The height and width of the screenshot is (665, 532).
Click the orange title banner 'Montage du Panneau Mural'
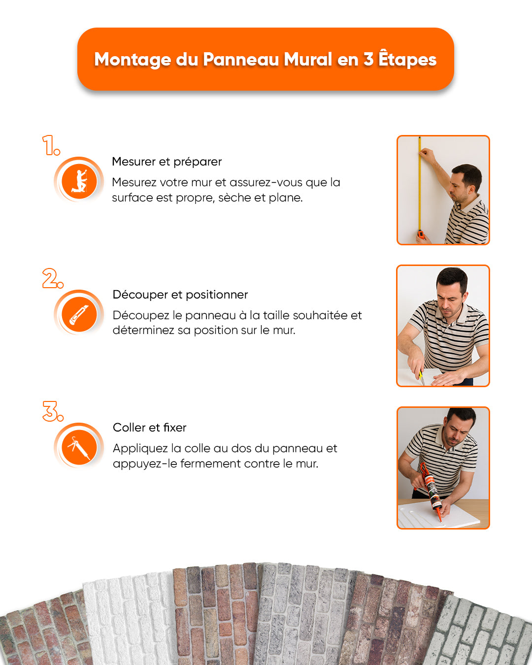(x=266, y=59)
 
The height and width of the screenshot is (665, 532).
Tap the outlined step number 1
(x=50, y=145)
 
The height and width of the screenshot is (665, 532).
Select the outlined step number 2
(x=52, y=278)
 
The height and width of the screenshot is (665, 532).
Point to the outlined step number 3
(x=52, y=411)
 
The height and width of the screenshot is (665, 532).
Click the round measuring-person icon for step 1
(x=79, y=180)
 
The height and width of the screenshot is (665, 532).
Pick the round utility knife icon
(x=79, y=314)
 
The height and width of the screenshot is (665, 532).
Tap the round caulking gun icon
(x=79, y=446)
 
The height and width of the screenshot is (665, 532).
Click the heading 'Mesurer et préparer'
(x=166, y=162)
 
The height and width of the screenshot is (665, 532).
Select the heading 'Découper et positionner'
(x=180, y=295)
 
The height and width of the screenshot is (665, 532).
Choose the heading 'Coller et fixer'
(x=149, y=428)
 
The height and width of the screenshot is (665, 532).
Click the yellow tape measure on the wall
(x=420, y=187)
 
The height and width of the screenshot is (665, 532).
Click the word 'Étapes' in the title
(x=407, y=59)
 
